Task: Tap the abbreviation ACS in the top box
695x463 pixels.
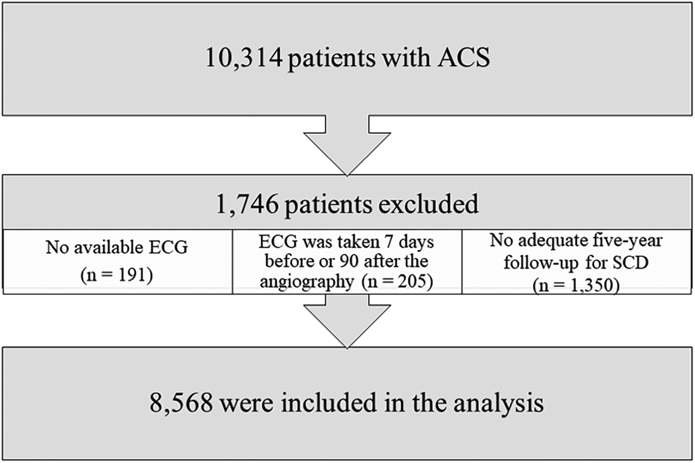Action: [x=463, y=58]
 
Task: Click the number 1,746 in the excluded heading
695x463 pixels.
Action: [x=247, y=204]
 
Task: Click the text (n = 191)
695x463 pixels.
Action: [x=116, y=275]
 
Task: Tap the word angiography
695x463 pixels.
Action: [x=307, y=281]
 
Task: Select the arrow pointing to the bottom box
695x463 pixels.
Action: [x=347, y=321]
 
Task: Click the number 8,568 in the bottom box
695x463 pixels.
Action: [x=181, y=403]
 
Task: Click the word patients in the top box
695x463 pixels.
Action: [x=331, y=58]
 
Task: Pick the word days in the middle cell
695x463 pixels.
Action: [x=413, y=242]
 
